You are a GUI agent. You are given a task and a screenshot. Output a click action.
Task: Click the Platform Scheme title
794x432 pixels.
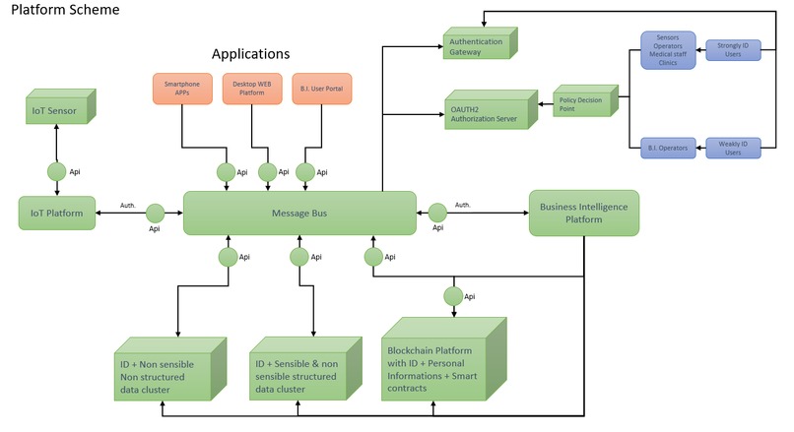(65, 10)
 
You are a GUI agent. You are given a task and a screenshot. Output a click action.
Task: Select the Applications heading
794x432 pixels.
(252, 53)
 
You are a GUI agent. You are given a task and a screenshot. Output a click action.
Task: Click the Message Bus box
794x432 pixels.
(298, 213)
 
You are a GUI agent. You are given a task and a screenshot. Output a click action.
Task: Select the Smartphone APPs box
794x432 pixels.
(182, 88)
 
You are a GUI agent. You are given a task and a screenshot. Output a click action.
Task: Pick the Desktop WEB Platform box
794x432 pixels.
(252, 88)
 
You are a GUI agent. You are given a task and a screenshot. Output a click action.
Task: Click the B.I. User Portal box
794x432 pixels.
(321, 88)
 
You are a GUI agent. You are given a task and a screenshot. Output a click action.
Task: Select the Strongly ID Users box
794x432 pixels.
(733, 48)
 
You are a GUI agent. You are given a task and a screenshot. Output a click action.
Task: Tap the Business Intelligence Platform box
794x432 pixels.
(584, 214)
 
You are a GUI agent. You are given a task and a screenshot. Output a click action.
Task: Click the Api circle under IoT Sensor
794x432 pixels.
(57, 171)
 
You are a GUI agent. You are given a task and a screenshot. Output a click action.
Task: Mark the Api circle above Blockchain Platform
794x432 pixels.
(453, 295)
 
